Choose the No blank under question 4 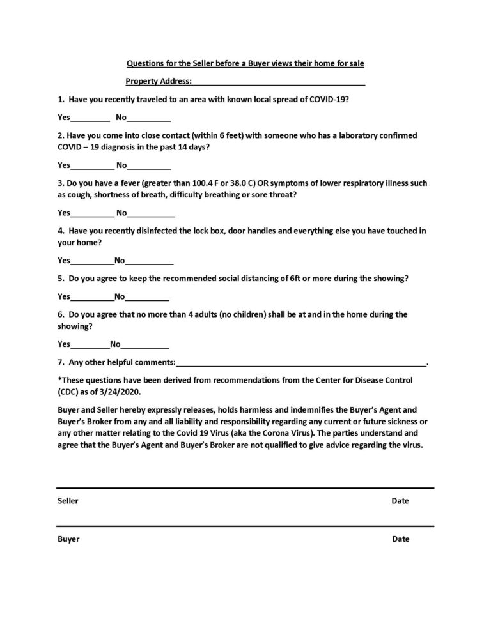pos(149,261)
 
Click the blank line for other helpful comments pos(300,363)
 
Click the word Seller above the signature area pos(68,501)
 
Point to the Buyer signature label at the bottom pos(68,539)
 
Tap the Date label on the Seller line pos(400,501)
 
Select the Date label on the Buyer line pos(401,539)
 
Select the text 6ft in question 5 pos(319,279)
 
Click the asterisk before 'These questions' pos(59,380)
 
